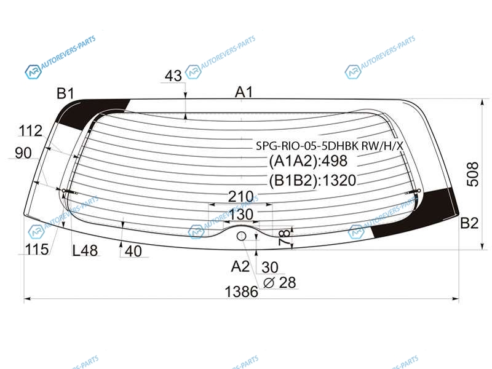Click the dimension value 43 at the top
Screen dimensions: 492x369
point(173,76)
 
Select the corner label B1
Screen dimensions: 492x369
point(65,93)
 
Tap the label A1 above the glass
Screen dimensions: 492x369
point(244,92)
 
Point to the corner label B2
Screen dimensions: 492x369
point(469,223)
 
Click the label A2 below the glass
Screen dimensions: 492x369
point(240,266)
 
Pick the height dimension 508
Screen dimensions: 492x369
point(472,175)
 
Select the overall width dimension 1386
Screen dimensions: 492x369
point(241,292)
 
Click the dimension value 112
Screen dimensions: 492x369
point(30,131)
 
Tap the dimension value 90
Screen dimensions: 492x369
point(23,153)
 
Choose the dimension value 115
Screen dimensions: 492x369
point(37,250)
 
